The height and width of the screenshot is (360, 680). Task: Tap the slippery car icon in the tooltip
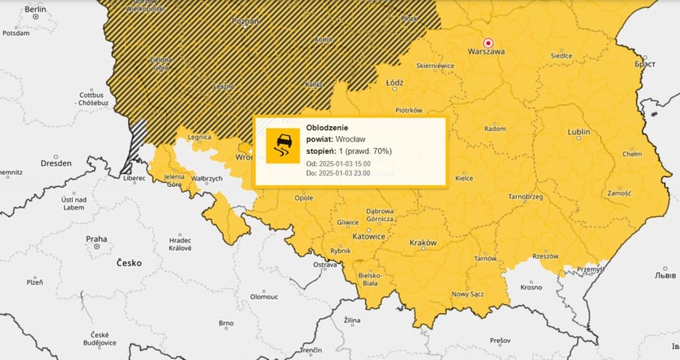[x=283, y=146]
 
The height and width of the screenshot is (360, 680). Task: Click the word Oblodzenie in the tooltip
[x=328, y=127]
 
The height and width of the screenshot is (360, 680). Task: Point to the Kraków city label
[x=423, y=243]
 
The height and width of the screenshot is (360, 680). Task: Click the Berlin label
[x=36, y=9]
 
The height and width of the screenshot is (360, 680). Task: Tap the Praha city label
[x=96, y=239]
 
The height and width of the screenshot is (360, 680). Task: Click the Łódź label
[x=395, y=83]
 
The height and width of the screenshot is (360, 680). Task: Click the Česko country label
[x=130, y=263]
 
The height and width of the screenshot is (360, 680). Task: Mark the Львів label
[x=665, y=275]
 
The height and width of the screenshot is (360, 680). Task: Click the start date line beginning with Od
[x=338, y=163]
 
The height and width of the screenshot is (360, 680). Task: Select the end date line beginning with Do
[x=338, y=173]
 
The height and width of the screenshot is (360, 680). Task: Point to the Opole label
[x=304, y=197]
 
